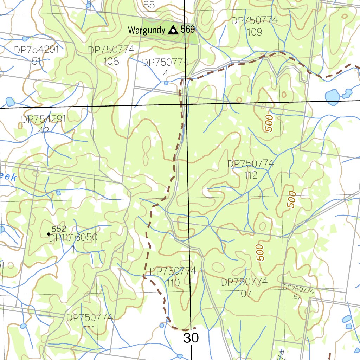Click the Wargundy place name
pos(146,30)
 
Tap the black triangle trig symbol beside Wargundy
pos(173,30)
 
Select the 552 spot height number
pos(59,229)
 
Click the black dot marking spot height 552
pos(49,234)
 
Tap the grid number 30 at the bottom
pos(191,338)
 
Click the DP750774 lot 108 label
pos(111,55)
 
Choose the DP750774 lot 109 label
pos(255,26)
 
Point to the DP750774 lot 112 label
pos(250,169)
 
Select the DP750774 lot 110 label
pos(173,277)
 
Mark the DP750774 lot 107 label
pos(244,287)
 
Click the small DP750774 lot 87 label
pos(298,292)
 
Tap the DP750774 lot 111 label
pos(90,323)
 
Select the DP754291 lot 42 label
pos(44,125)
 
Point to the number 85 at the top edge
pos(149,5)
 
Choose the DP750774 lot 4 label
pos(166,68)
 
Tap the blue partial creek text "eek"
pos(8,178)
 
